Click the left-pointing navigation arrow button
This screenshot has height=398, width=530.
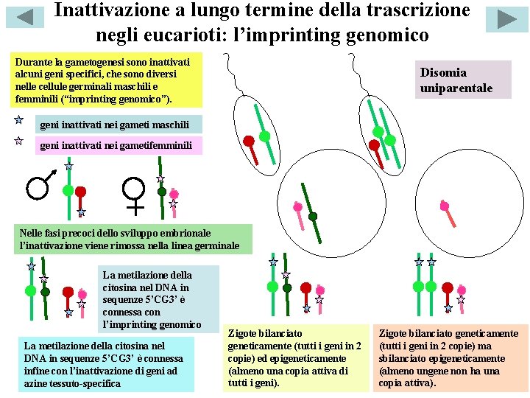pos(24,18)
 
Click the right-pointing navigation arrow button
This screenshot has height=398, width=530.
pos(506,18)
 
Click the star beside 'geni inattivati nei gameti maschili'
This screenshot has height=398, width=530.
pos(18,119)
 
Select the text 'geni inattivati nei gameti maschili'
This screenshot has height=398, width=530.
pos(114,124)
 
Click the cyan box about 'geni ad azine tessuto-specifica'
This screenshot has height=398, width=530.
pos(107,364)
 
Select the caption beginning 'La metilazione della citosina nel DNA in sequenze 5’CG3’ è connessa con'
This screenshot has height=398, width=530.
pos(158,298)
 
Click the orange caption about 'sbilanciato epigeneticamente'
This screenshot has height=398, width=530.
pos(448,357)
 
